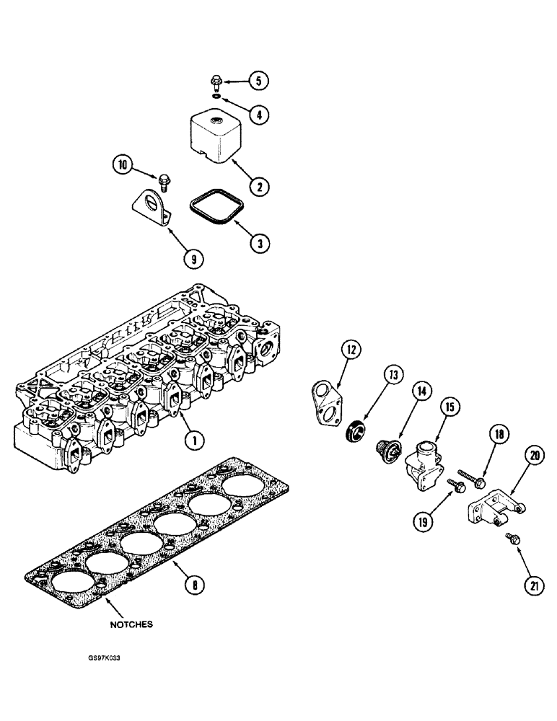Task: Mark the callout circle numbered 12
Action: pyautogui.click(x=351, y=351)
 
